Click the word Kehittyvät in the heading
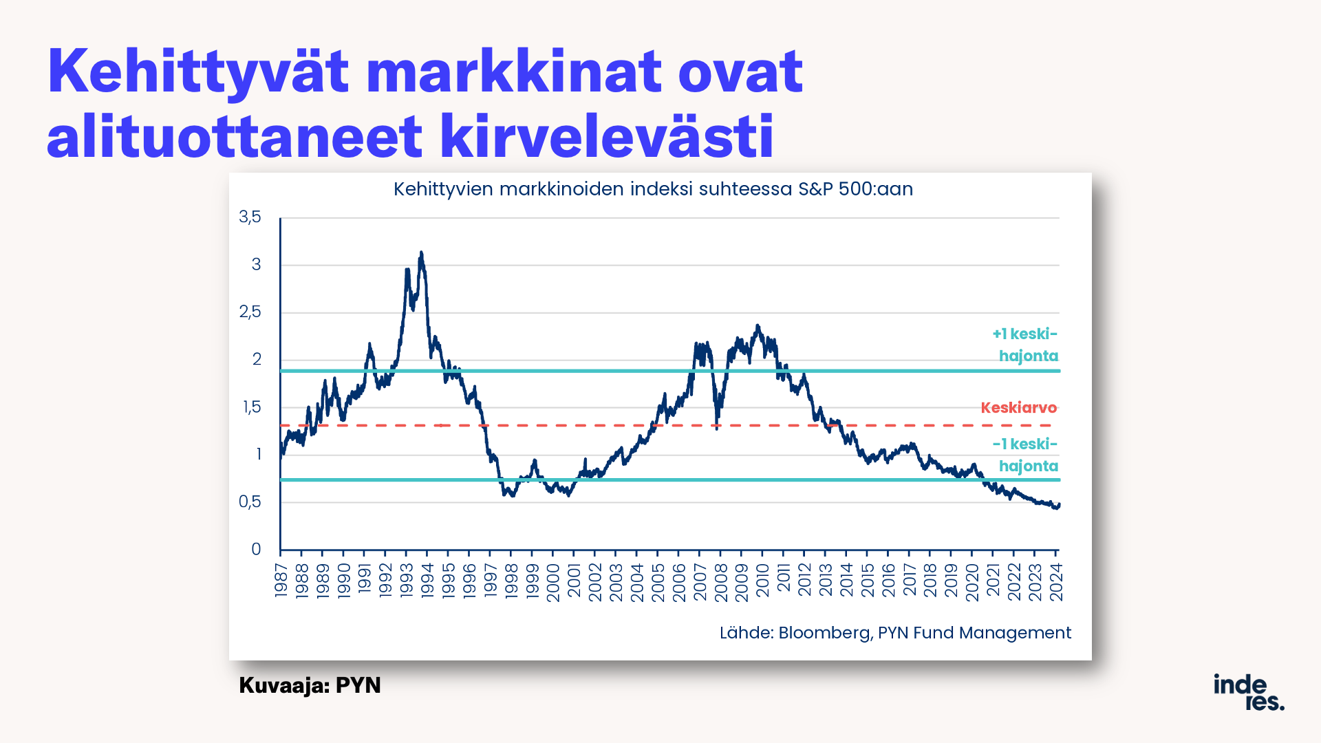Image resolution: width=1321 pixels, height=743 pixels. point(198,72)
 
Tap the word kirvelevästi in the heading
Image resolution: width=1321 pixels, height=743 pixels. point(607,136)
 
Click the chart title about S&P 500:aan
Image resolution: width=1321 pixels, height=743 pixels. point(653,189)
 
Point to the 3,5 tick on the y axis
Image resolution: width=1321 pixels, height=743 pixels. point(250,217)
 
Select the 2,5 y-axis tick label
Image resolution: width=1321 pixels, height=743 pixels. point(250,312)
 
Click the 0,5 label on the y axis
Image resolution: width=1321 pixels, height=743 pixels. point(250,502)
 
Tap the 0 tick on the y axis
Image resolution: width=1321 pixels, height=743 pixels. point(256,549)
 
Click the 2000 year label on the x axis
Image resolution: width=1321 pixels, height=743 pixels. point(552,582)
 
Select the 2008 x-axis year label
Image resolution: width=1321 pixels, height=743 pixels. point(720,582)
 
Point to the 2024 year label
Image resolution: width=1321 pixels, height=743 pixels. point(1055,582)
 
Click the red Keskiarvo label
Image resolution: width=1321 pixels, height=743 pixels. point(1018,408)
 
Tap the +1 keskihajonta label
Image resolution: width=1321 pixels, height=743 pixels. point(1025,345)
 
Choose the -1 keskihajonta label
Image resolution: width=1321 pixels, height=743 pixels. point(1025,455)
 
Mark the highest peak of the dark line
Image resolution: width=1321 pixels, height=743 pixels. point(421,252)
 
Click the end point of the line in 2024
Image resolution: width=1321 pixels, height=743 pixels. point(1059,504)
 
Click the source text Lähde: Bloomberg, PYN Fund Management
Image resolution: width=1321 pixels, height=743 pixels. point(895,633)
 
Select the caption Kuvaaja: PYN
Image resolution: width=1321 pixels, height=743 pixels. point(310,685)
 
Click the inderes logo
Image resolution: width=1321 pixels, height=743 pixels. point(1249,692)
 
